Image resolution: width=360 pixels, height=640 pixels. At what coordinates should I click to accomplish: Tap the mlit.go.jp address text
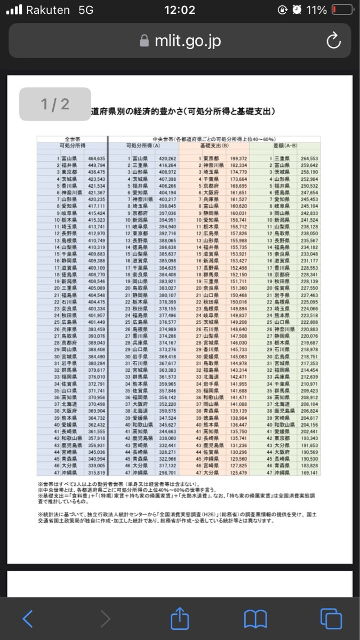[187, 42]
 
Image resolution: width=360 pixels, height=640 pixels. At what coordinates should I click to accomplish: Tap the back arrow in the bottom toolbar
[28, 618]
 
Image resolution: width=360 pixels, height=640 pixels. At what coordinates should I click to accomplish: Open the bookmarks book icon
[255, 619]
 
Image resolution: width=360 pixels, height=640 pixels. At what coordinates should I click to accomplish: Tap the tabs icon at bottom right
[331, 618]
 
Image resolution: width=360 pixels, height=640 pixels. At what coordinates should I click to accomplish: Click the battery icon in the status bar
[342, 10]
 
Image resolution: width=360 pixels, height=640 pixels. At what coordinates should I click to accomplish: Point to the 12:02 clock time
[180, 10]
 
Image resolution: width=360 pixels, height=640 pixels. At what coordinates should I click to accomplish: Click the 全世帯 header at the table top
[72, 139]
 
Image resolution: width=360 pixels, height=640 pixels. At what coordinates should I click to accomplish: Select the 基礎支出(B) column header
[214, 145]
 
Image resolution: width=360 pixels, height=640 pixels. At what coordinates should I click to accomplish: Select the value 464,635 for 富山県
[97, 158]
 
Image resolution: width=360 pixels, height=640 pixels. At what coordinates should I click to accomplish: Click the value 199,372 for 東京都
[238, 158]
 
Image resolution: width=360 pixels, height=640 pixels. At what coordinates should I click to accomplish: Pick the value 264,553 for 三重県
[309, 158]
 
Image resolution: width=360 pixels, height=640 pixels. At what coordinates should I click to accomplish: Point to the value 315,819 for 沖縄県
[97, 473]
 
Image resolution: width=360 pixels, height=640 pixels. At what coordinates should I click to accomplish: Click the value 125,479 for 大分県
[238, 473]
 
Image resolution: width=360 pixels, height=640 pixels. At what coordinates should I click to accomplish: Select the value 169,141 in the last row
[309, 473]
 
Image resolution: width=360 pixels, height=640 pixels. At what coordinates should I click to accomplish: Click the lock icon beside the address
[143, 42]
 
